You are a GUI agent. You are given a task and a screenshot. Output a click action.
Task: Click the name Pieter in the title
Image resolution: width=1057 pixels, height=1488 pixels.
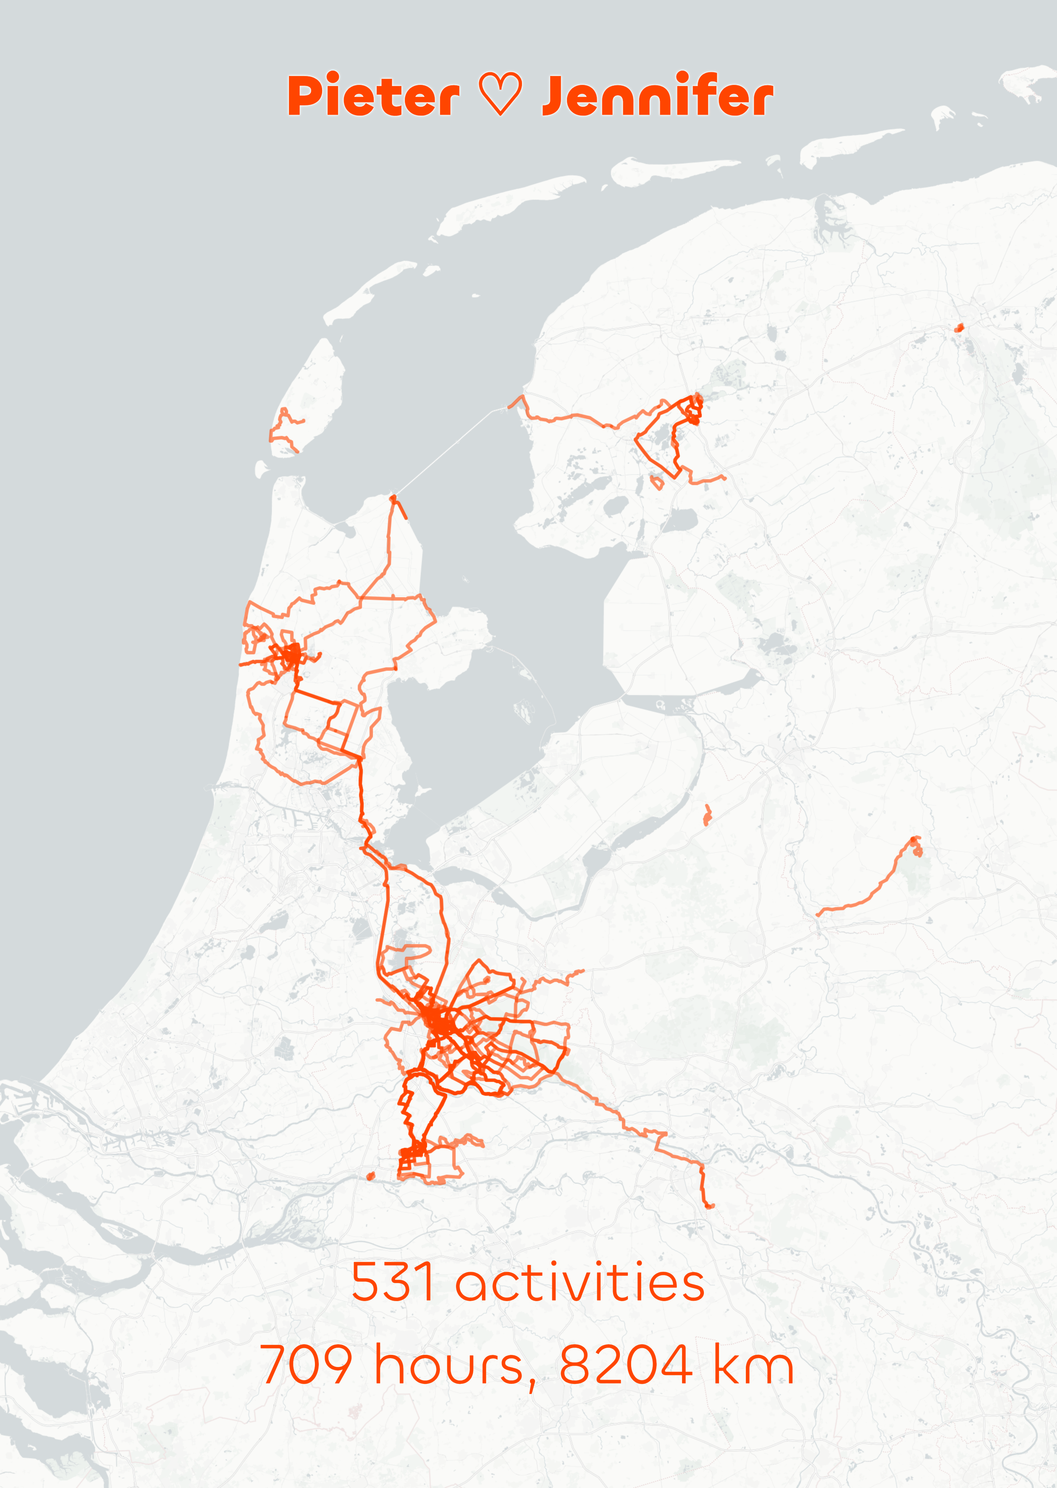point(373,96)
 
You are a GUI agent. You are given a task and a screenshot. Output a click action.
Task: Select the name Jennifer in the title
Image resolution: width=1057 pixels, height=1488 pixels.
point(657,96)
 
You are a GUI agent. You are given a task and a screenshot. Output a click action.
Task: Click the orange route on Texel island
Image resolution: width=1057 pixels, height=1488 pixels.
point(284,430)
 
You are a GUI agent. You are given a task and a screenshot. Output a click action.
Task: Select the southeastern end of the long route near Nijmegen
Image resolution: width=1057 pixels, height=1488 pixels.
point(709,1206)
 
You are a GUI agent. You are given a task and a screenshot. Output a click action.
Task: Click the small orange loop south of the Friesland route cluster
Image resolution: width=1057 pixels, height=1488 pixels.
point(657,483)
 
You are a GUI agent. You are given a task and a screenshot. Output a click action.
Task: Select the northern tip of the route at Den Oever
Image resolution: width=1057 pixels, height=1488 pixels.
point(393,498)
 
